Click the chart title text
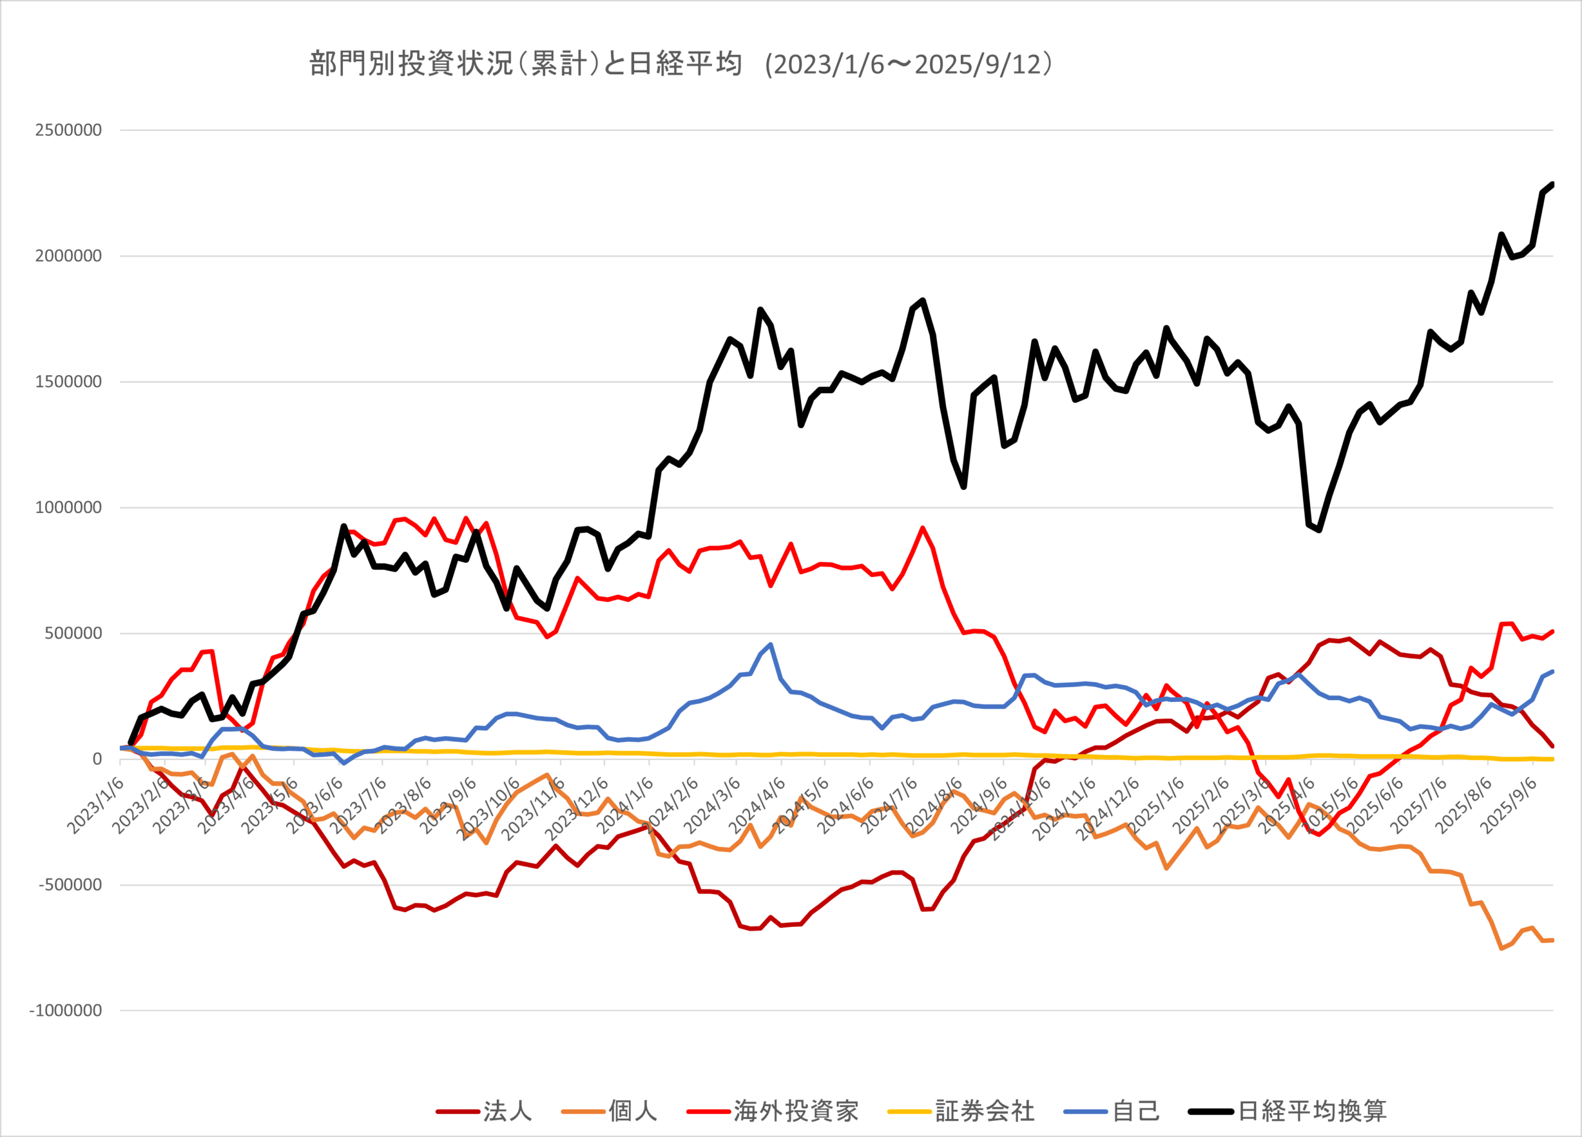(x=680, y=64)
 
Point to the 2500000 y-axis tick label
(x=69, y=130)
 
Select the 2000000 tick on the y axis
(x=69, y=256)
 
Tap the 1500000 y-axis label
(x=69, y=381)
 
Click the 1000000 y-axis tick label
(x=69, y=507)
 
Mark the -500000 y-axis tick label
(x=70, y=884)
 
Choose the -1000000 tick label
(x=66, y=1010)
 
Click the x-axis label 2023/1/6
(x=96, y=806)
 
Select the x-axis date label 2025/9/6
(x=1508, y=806)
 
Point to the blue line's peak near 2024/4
(x=770, y=645)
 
